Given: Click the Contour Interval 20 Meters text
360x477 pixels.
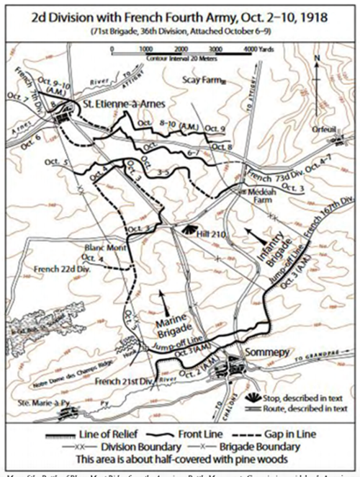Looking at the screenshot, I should (x=182, y=54).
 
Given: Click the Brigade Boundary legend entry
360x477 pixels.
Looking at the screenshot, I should (x=282, y=447).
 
